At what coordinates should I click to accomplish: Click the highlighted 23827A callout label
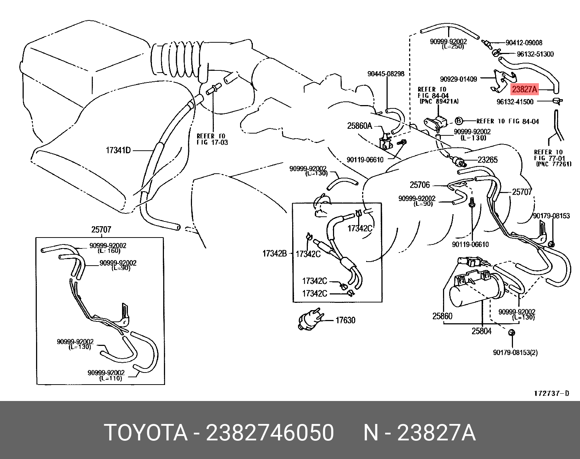point(524,89)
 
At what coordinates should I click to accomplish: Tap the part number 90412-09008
point(524,43)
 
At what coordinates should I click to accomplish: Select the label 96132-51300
point(535,54)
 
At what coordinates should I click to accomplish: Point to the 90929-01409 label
point(458,79)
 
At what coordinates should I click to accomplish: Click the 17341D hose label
point(118,150)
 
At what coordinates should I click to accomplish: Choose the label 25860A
point(360,126)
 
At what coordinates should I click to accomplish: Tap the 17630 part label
point(345,320)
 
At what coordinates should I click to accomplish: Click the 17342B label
point(274,254)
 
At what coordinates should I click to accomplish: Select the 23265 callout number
point(487,160)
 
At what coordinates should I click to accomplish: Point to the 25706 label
point(420,185)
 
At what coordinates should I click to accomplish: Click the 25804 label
point(481,331)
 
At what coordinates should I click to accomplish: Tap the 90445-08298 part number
point(386,74)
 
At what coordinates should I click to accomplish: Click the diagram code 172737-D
point(551,393)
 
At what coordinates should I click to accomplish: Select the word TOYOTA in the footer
point(146,433)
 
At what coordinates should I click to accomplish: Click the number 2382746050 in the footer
point(270,433)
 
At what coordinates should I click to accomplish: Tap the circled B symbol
point(459,121)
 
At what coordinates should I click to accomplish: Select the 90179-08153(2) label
point(515,352)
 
